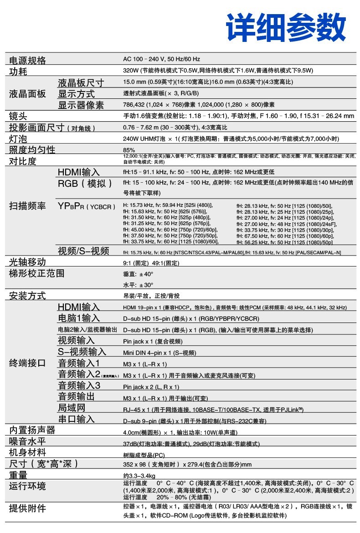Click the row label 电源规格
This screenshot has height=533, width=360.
point(28,60)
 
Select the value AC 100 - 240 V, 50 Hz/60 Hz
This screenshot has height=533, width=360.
point(161,59)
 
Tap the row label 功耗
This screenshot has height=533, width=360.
point(19,72)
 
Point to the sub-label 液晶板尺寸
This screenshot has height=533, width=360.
point(81,83)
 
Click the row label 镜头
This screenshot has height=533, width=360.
point(19,116)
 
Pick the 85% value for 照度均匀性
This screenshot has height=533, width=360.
point(129,150)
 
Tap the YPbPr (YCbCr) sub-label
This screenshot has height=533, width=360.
point(87,206)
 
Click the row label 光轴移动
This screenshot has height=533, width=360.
point(28,262)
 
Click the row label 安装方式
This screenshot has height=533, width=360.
point(28,296)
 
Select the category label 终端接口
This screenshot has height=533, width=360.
point(28,363)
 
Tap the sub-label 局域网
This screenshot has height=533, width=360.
point(72,408)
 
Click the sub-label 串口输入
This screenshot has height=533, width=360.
point(76,419)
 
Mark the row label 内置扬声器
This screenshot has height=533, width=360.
point(32,430)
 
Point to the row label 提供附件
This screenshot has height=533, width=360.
point(28,508)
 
